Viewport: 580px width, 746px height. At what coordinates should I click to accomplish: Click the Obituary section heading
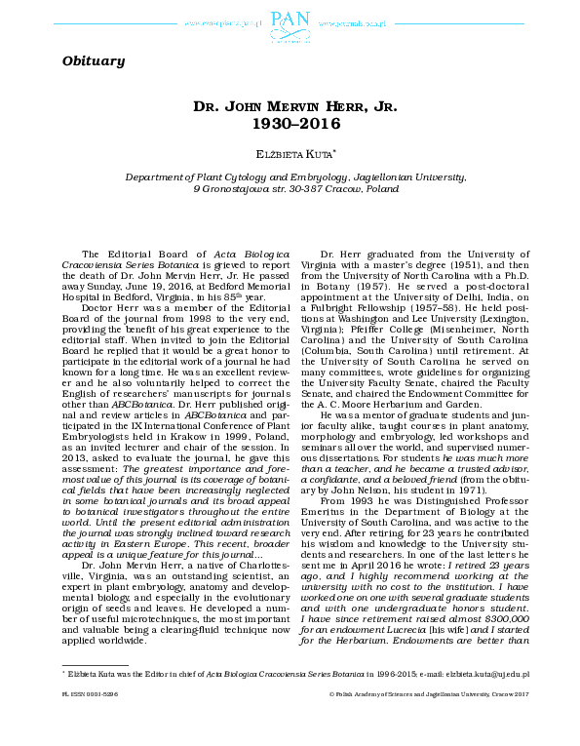93,61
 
